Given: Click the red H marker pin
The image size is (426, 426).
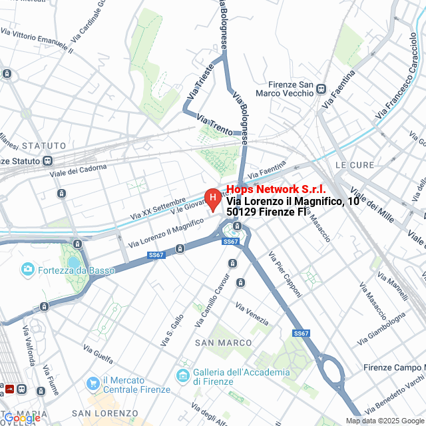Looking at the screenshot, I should [212, 198].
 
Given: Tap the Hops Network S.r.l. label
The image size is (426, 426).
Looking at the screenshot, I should [276, 190].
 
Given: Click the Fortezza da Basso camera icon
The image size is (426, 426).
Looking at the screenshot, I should [28, 269].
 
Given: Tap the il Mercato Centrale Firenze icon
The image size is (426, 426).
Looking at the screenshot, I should [93, 383].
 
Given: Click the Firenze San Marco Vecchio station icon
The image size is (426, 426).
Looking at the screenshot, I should [321, 89].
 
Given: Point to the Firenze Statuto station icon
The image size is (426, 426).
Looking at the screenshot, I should [47, 160].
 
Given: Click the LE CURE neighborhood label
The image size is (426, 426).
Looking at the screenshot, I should [352, 164].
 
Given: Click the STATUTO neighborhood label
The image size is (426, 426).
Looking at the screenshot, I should [44, 145].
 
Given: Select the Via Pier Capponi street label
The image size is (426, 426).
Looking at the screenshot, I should [285, 274].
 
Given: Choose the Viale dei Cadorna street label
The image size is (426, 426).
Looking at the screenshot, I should [79, 171].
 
